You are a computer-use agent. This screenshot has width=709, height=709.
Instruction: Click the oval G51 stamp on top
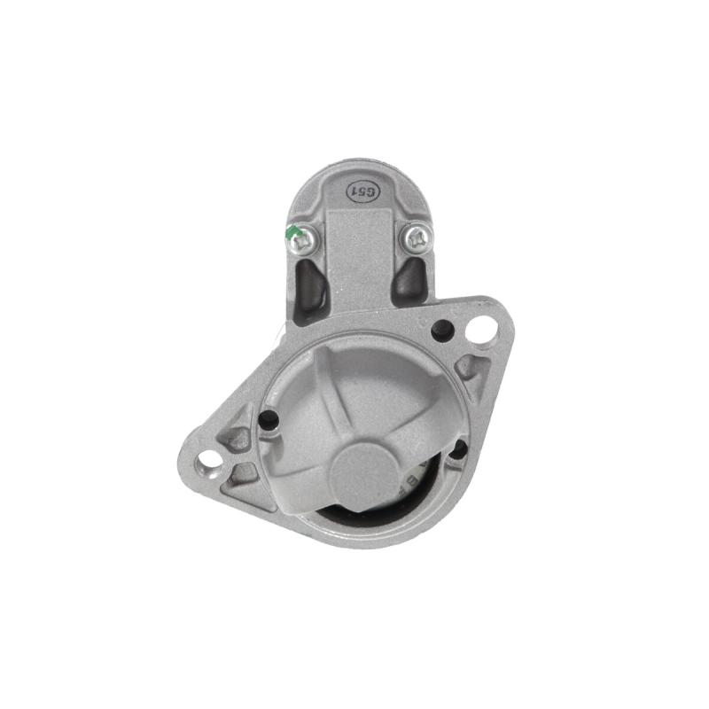[360, 191]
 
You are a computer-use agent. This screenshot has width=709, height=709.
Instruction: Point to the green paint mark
[292, 234]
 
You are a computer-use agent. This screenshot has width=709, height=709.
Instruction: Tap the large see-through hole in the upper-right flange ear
[479, 331]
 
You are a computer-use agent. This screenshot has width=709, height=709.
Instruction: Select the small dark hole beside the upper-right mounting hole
[442, 331]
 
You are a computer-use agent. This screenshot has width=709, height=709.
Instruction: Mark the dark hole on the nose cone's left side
[269, 421]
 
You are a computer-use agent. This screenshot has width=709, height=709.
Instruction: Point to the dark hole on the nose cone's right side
[457, 449]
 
